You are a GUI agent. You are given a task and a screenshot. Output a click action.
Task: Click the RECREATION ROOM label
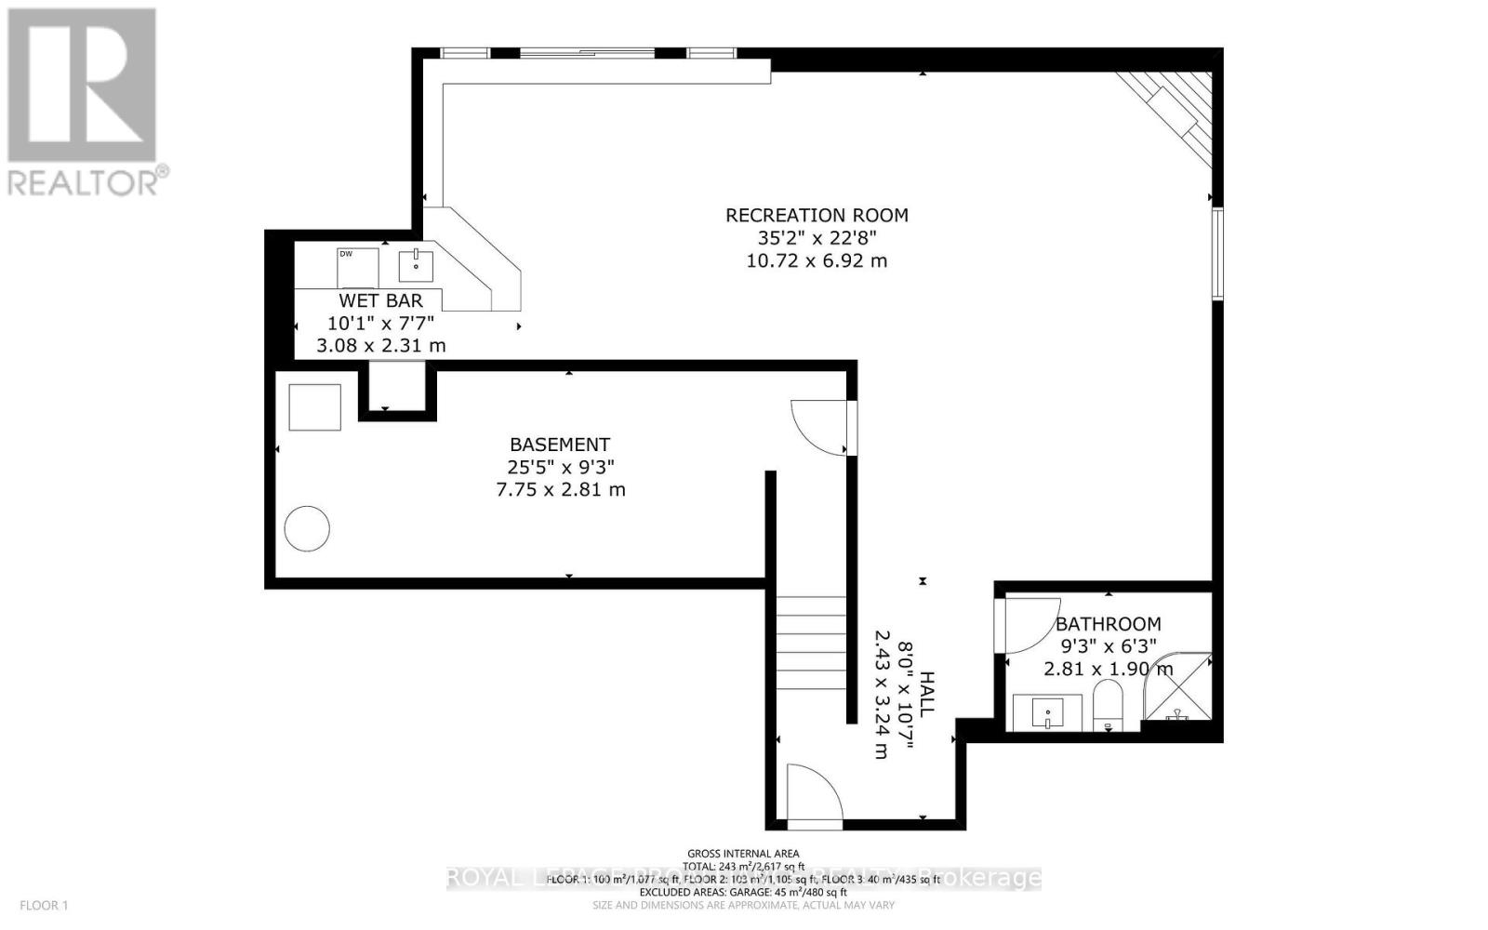pyautogui.click(x=817, y=215)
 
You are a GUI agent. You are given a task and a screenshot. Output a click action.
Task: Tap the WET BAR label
pyautogui.click(x=380, y=300)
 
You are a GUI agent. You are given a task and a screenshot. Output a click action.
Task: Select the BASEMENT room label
pyautogui.click(x=560, y=445)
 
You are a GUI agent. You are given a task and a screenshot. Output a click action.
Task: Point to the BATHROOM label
pyautogui.click(x=1108, y=624)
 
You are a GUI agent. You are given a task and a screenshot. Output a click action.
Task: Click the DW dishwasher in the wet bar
pyautogui.click(x=357, y=268)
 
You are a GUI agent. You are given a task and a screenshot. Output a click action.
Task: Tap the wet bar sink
pyautogui.click(x=416, y=265)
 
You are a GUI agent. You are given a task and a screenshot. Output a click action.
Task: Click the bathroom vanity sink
pyautogui.click(x=1047, y=713)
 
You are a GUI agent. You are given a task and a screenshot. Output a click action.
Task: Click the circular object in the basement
pyautogui.click(x=307, y=529)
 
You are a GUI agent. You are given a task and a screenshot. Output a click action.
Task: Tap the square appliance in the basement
pyautogui.click(x=314, y=407)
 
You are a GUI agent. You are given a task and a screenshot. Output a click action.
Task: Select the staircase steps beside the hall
pyautogui.click(x=813, y=642)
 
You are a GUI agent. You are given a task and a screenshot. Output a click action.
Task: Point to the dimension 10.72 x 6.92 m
pyautogui.click(x=817, y=260)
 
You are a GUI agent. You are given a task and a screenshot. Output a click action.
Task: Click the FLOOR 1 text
pyautogui.click(x=45, y=905)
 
